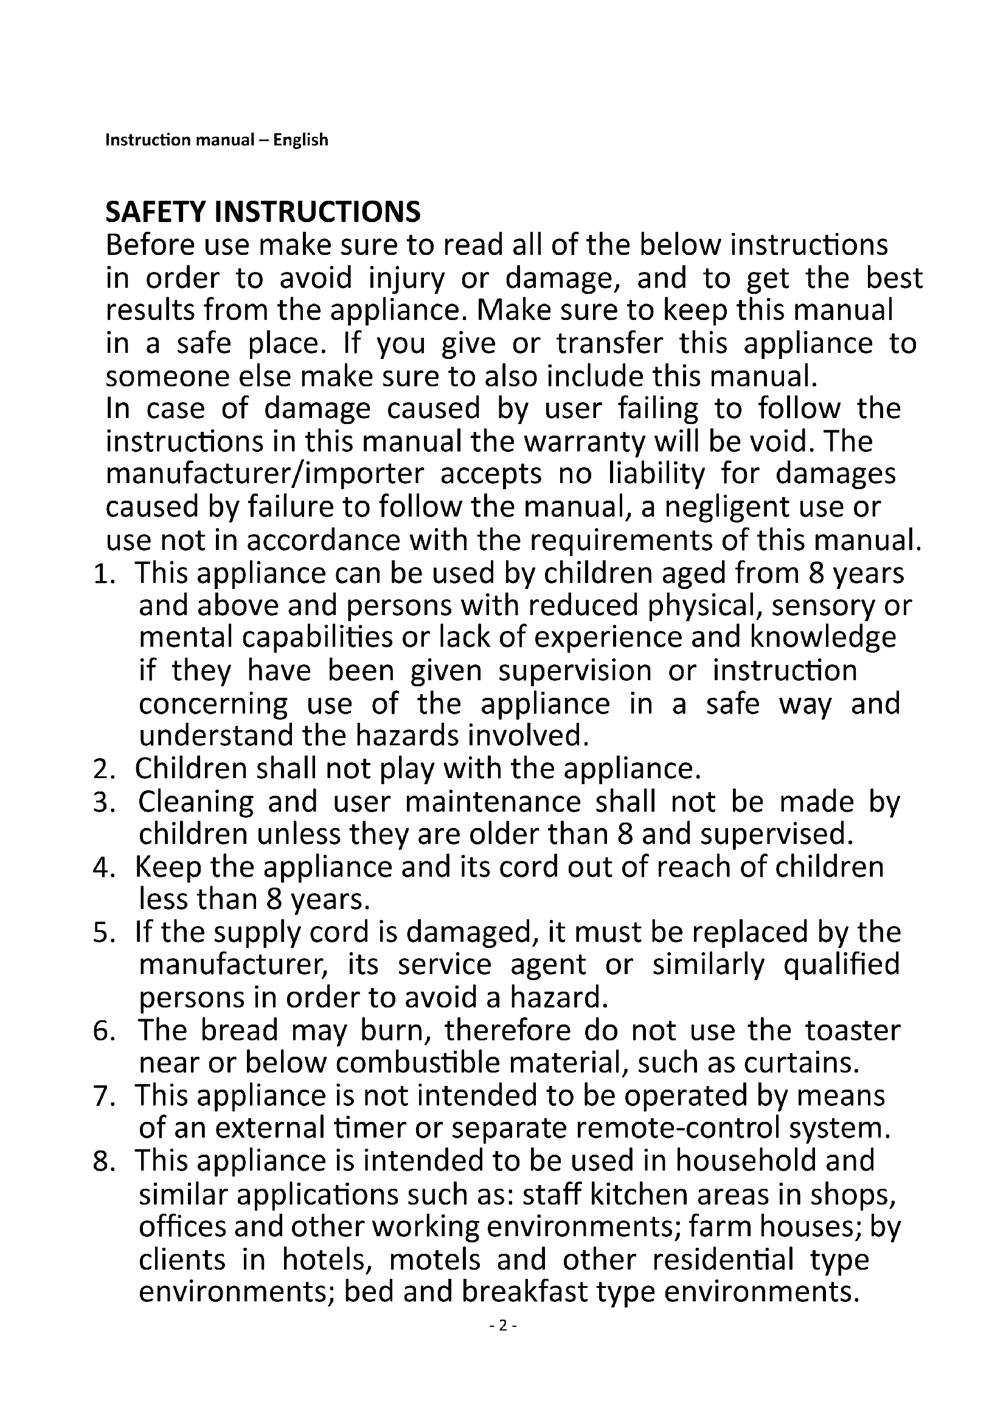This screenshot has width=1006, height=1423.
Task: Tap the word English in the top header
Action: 301,140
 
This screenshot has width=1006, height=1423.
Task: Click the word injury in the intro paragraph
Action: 406,278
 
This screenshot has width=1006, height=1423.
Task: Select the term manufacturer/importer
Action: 265,474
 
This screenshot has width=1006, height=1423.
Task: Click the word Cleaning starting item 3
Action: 196,802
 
